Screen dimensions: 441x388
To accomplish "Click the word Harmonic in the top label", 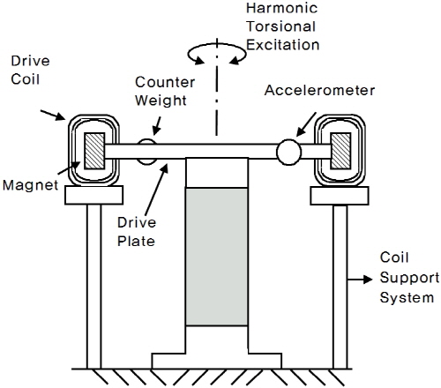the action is (x=281, y=8).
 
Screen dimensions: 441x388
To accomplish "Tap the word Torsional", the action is (x=281, y=26).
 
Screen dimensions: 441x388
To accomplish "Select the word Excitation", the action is (x=282, y=45).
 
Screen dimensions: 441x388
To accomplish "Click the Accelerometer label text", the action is (x=319, y=90).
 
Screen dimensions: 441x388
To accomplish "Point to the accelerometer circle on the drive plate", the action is (x=289, y=152).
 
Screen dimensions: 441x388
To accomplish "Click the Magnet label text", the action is (x=30, y=185).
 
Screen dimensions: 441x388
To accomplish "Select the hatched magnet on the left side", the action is (x=94, y=151).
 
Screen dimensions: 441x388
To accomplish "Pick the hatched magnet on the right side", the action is (x=340, y=151).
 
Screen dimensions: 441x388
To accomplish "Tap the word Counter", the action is (x=165, y=82).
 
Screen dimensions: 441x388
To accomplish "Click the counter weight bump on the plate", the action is (x=146, y=152).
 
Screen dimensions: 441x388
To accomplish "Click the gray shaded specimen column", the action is (x=217, y=257).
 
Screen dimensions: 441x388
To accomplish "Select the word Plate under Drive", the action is (x=136, y=242).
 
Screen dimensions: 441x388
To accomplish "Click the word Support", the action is (x=409, y=278).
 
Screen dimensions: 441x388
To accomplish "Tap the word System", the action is (x=407, y=298).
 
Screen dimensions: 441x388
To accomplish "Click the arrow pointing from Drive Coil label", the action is (x=53, y=115).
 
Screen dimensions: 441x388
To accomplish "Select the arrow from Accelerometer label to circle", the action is (x=306, y=124).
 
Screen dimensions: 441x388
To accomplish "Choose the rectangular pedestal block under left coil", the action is (x=93, y=195).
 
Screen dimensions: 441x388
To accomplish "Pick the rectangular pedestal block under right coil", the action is (x=340, y=196).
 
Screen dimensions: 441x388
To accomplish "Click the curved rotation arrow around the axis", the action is (x=217, y=45).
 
